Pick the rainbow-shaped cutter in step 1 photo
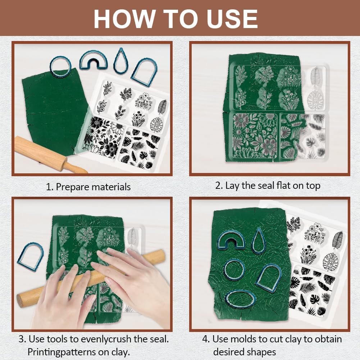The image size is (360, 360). tap(93, 60)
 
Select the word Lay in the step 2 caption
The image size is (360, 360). tap(232, 186)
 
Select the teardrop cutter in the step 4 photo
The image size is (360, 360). tap(258, 240)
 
